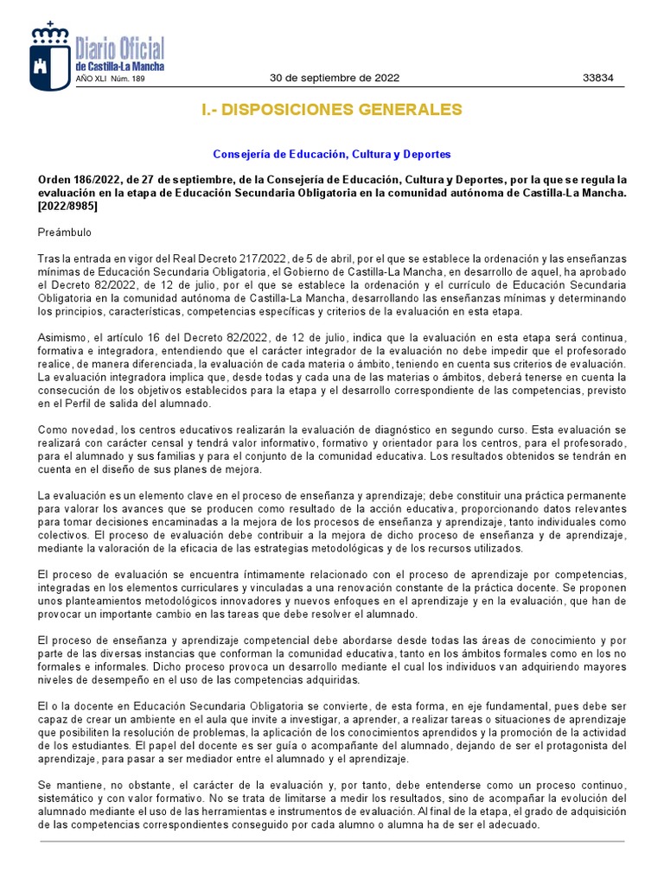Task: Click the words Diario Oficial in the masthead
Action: [x=119, y=48]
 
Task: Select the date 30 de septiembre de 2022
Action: [x=335, y=77]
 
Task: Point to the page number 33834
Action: [x=598, y=77]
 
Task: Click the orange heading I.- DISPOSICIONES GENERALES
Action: [x=332, y=110]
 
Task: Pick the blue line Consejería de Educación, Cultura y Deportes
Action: [x=332, y=155]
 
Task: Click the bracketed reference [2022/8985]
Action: [x=68, y=207]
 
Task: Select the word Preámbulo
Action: [x=65, y=232]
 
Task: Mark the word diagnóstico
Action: [x=402, y=430]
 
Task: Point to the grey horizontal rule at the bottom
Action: [x=332, y=841]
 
